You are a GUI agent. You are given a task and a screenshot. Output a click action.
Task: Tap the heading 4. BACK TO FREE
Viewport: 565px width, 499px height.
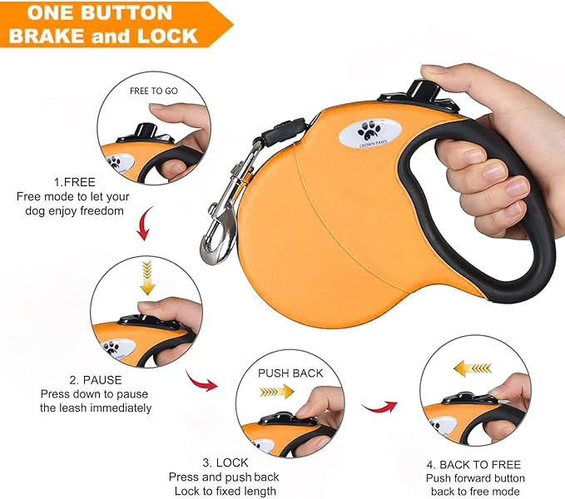(474, 464)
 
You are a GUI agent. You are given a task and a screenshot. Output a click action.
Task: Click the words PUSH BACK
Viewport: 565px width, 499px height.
(290, 373)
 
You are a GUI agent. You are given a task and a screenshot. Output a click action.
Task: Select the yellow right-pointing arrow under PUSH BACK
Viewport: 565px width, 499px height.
(278, 391)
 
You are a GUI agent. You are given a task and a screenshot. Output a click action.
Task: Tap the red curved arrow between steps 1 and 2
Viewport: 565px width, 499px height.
(143, 224)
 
